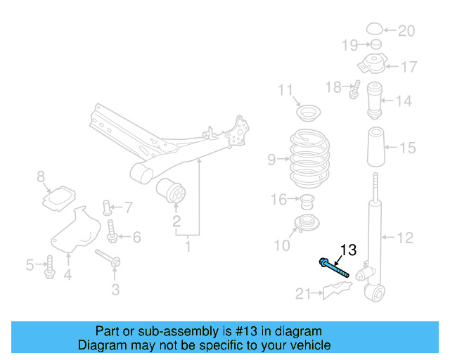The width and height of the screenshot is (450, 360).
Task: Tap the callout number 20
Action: [x=406, y=30]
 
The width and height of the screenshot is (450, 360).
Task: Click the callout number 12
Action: [x=405, y=238]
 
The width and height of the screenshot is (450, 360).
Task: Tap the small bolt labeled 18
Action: [x=355, y=89]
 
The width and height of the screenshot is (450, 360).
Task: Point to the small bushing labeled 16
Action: [x=306, y=202]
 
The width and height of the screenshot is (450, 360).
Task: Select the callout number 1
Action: [x=188, y=247]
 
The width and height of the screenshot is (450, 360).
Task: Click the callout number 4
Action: [x=67, y=275]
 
